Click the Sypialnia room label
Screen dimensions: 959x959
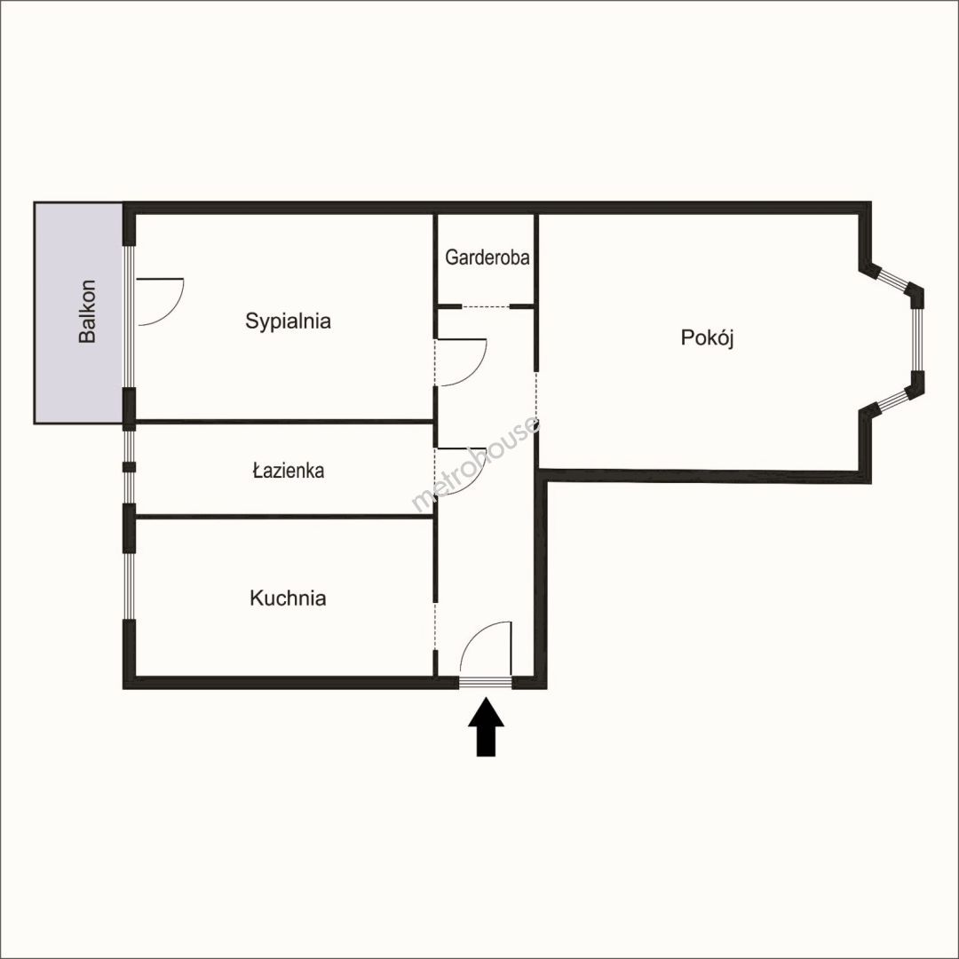pos(288,321)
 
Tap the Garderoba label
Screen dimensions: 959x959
pos(487,258)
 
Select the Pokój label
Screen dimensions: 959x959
pos(707,337)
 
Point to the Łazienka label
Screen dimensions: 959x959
pos(288,471)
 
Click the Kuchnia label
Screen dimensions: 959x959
pos(288,598)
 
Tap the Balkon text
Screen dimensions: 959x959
pos(87,312)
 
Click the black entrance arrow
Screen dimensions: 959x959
pos(487,727)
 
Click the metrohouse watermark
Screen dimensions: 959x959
pos(476,464)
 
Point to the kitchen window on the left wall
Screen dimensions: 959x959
pos(129,586)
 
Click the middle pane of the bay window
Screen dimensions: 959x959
pos(917,339)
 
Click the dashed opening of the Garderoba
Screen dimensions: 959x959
pos(486,306)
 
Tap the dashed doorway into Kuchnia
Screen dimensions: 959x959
pos(435,625)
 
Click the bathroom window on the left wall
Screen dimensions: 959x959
pos(129,467)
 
